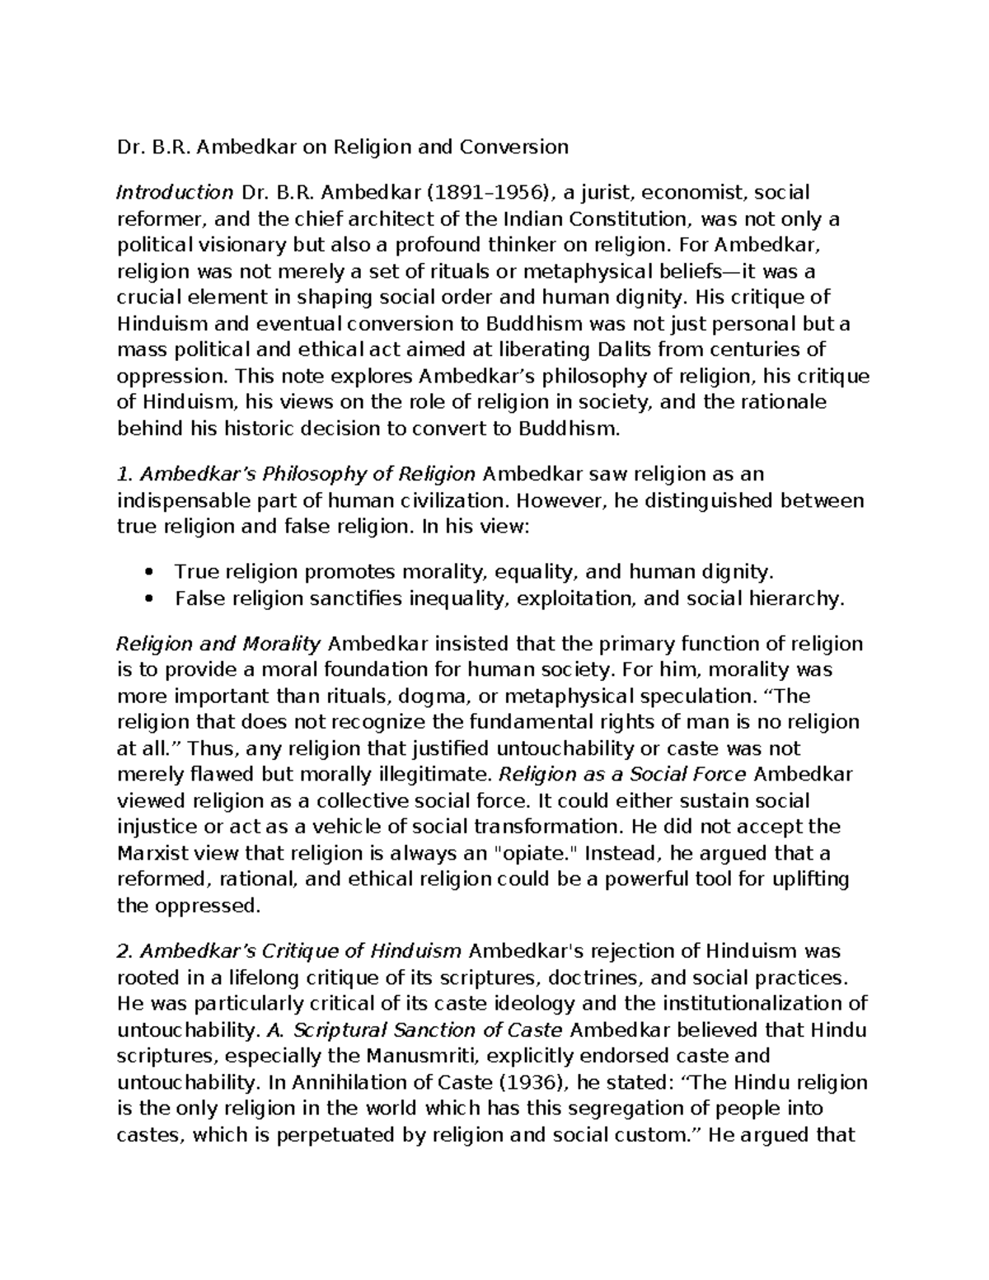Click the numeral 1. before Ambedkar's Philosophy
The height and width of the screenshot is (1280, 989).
pyautogui.click(x=124, y=475)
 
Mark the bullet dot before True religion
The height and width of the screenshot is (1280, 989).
pyautogui.click(x=149, y=572)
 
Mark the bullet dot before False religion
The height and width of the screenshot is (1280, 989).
pyautogui.click(x=149, y=598)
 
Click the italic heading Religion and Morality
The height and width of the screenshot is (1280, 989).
pyautogui.click(x=218, y=644)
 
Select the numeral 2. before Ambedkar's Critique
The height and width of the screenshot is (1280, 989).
pyautogui.click(x=125, y=951)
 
